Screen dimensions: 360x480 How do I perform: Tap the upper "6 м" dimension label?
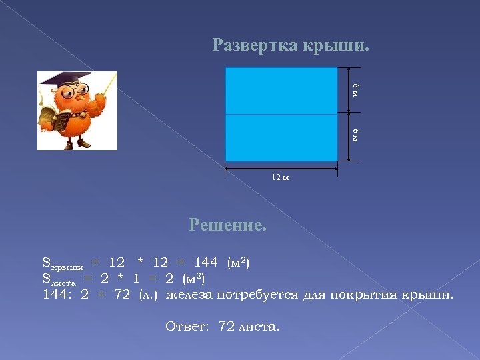(356, 91)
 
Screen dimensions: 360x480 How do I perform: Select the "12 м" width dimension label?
(280, 177)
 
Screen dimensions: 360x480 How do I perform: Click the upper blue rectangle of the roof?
(281, 91)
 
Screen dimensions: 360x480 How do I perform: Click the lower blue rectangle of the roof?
(281, 137)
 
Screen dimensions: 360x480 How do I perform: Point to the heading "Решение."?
(228, 225)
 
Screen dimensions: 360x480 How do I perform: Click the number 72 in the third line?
(122, 294)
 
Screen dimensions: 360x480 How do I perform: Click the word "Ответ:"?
(187, 327)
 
